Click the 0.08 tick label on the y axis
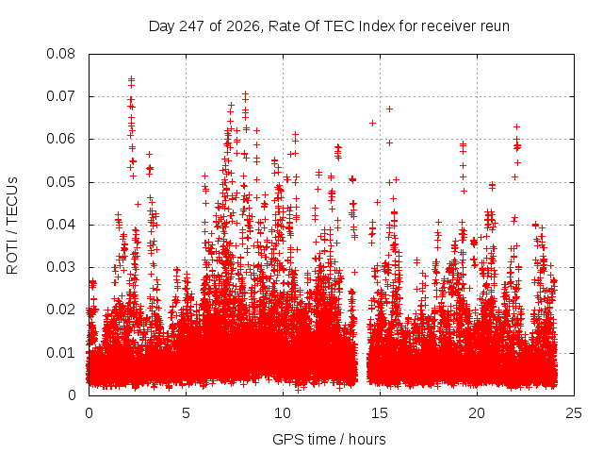60,54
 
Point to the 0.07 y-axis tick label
60,96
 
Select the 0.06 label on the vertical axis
60,139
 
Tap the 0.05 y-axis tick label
60,182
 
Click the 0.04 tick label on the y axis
60,225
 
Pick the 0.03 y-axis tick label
60,267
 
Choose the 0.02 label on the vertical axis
60,310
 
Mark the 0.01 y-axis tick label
60,352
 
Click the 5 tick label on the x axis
187,413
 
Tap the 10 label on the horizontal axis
283,413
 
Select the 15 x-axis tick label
380,413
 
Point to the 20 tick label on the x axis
477,413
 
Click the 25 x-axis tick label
574,413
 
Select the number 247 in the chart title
192,26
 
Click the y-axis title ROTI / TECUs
12,226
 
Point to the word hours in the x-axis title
367,439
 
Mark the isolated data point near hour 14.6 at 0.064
372,124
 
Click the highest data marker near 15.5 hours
389,109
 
